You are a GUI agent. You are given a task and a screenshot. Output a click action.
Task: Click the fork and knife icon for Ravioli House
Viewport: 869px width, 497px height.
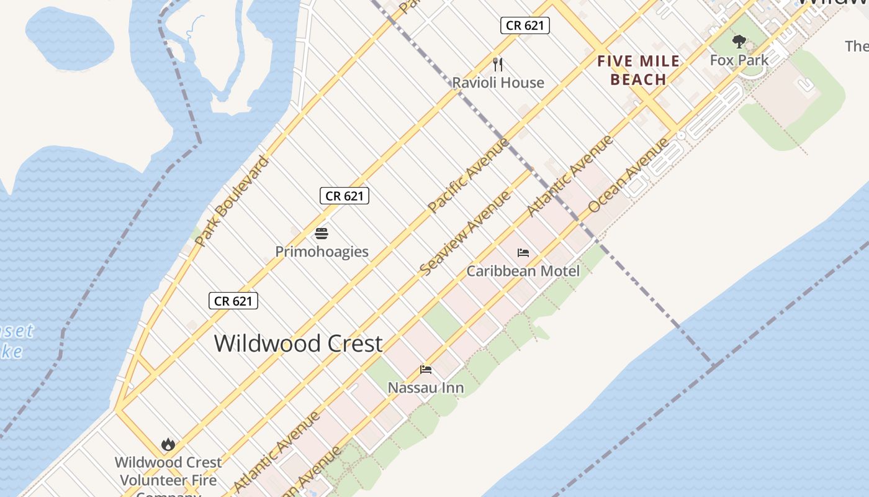tap(497, 64)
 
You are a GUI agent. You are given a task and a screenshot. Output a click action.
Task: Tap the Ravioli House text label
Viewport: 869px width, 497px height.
tap(498, 83)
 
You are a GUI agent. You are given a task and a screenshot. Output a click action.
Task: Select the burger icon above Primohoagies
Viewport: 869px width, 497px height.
tap(322, 234)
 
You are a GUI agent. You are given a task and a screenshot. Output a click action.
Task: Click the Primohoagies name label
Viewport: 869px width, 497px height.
tap(322, 252)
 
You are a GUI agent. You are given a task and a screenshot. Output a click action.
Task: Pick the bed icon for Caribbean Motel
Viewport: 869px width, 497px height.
tap(523, 253)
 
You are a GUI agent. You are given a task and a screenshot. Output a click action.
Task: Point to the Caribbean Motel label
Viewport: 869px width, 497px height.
tap(523, 271)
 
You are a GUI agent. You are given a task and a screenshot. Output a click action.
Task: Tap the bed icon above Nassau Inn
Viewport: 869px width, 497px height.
tap(426, 370)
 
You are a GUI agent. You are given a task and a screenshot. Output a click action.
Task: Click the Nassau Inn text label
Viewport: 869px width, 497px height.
tap(425, 388)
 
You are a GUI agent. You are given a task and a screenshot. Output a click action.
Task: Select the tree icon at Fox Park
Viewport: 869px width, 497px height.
tap(739, 42)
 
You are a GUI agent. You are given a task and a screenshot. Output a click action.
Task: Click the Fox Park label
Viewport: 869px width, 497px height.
tap(739, 60)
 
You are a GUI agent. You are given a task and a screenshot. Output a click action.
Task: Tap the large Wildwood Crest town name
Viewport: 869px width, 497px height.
tap(298, 343)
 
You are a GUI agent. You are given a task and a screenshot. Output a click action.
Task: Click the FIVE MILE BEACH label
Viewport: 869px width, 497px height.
tap(638, 70)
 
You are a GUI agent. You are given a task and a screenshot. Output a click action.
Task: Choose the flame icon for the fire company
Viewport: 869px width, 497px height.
tap(168, 445)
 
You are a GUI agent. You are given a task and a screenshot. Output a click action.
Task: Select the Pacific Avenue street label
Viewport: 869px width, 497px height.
tap(469, 176)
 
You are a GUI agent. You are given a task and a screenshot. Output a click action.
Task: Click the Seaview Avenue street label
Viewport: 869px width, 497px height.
tap(465, 233)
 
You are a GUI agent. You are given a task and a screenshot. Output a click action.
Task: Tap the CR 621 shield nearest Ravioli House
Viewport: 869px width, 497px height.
tap(525, 25)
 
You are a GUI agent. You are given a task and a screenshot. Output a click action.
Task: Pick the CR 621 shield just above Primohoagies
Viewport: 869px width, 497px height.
tap(344, 196)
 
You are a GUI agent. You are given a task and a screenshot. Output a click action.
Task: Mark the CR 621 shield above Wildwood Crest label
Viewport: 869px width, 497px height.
tap(233, 301)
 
